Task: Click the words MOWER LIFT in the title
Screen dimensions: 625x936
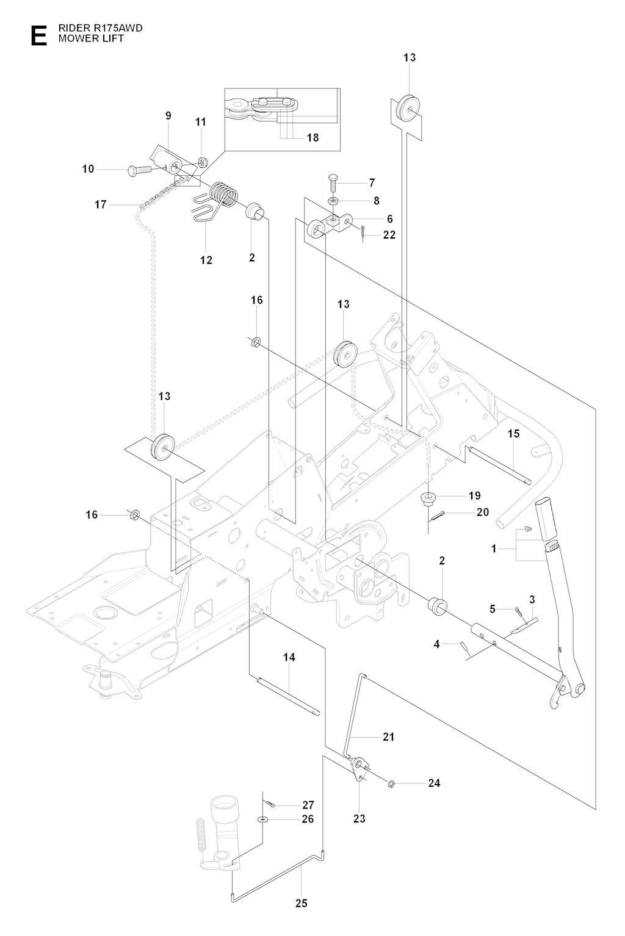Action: (x=91, y=38)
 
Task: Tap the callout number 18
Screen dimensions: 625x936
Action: (x=312, y=137)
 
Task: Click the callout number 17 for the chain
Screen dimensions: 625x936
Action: (x=101, y=204)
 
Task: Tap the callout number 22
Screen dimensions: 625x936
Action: (x=389, y=235)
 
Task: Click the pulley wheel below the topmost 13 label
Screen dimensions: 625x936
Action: (x=409, y=109)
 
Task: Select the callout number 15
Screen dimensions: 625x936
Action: (x=513, y=433)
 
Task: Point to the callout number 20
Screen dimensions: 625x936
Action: (x=483, y=512)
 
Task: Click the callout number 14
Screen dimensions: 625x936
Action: (x=289, y=657)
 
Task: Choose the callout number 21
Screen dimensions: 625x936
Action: (x=388, y=736)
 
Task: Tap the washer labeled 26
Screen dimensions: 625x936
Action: (x=262, y=819)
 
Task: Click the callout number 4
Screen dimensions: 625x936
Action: (x=436, y=644)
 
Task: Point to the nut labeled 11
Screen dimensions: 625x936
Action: (x=203, y=160)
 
